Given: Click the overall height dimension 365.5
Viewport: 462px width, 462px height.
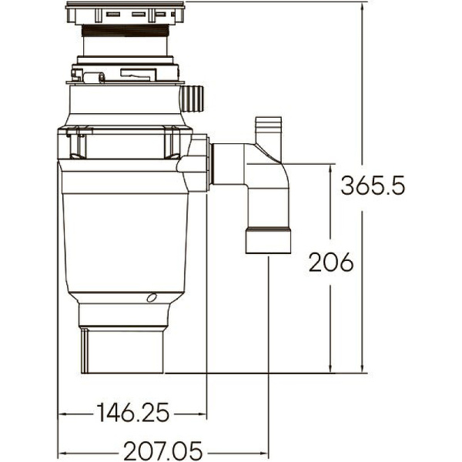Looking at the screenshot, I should [373, 186].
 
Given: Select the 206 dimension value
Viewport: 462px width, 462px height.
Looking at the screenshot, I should [330, 263].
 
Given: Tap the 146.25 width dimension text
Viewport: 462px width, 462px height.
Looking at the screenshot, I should [132, 413].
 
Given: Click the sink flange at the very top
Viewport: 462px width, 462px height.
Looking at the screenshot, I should [125, 13].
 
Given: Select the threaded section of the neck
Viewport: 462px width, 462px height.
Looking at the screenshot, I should [125, 32].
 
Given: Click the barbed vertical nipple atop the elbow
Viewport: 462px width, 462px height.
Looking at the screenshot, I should [269, 130].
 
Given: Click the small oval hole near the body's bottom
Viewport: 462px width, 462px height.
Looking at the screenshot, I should [151, 298].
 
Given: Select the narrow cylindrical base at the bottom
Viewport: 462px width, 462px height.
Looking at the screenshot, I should [121, 350].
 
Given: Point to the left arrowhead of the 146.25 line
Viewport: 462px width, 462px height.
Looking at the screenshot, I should [62, 413].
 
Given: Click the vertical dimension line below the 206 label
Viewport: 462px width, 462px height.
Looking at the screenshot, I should [330, 323].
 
